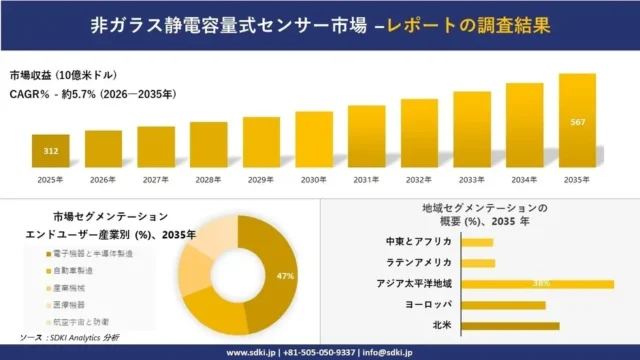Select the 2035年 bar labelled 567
(x=577, y=121)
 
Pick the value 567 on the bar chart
(x=577, y=122)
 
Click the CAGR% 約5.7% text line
(x=92, y=95)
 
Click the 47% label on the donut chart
(x=284, y=276)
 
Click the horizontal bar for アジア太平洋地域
(x=538, y=284)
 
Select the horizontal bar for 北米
(x=511, y=325)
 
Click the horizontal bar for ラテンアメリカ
(x=479, y=263)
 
